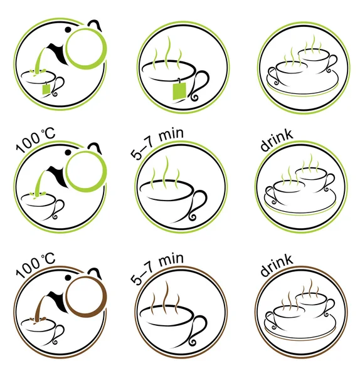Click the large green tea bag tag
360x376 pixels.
179,90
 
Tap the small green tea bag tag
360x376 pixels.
46,89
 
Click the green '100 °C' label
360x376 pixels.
36,141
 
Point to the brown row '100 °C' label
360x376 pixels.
36,266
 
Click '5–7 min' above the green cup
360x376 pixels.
157,144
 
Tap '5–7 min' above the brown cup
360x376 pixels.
157,269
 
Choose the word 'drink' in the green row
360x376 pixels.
277,141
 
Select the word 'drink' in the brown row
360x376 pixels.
277,266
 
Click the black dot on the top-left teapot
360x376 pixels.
68,29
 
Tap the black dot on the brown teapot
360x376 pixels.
68,278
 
